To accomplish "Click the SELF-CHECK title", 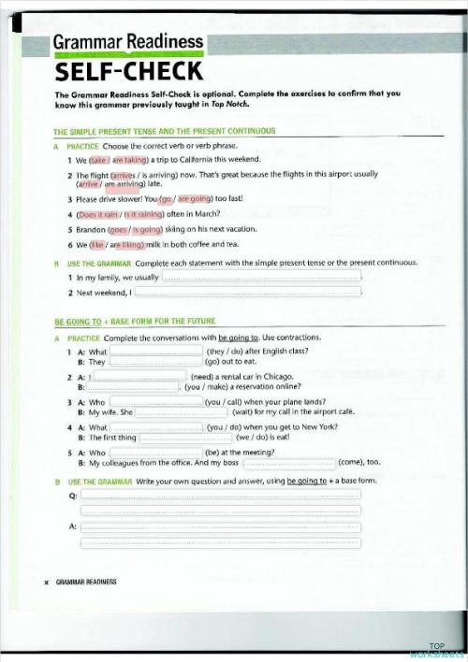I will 128,72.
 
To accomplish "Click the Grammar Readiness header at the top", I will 127,42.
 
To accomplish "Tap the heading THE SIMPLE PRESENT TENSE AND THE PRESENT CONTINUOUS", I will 164,132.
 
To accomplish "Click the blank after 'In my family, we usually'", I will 261,278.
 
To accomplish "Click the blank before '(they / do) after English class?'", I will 156,352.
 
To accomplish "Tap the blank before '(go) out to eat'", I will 156,362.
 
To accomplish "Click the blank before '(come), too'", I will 288,463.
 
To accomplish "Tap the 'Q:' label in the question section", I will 74,496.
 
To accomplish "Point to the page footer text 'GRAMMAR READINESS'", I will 86,582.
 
